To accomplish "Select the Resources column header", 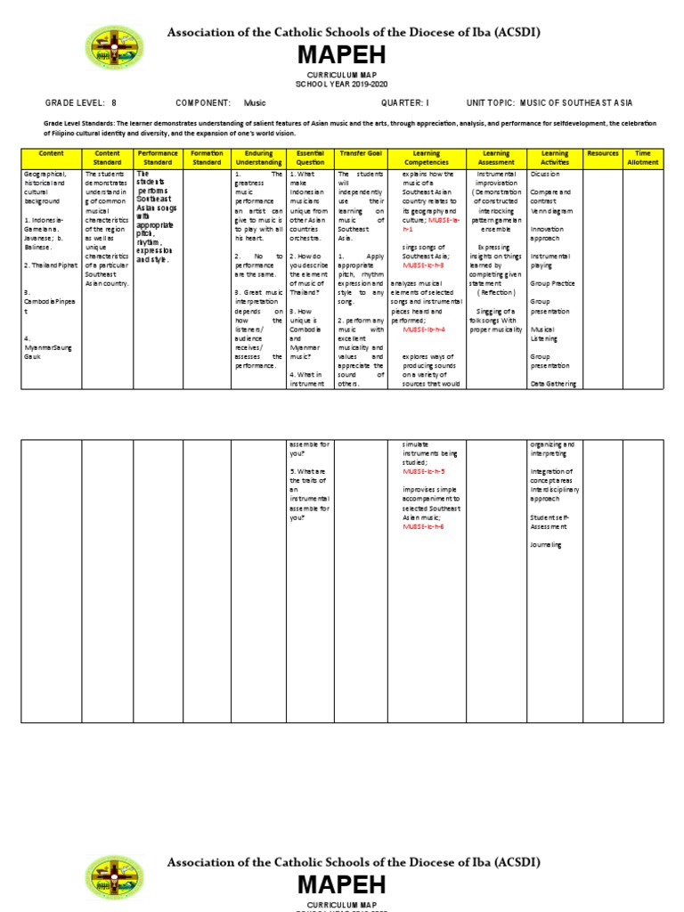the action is pos(603,154).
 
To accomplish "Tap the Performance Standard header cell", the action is pos(158,159).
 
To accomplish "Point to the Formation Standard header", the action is pos(207,159).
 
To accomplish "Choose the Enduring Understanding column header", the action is pos(258,159).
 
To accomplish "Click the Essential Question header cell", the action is pos(310,159).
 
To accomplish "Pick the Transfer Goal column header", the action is pos(360,154).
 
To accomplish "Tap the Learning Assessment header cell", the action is pos(496,159).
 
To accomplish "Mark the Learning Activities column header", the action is pos(554,159).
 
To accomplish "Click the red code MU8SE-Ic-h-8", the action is pos(423,265).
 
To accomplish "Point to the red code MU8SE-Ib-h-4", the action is pos(423,330).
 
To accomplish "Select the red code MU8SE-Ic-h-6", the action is pos(423,527).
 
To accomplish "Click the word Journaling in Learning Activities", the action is pos(546,545).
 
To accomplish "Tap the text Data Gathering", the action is pos(554,384).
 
